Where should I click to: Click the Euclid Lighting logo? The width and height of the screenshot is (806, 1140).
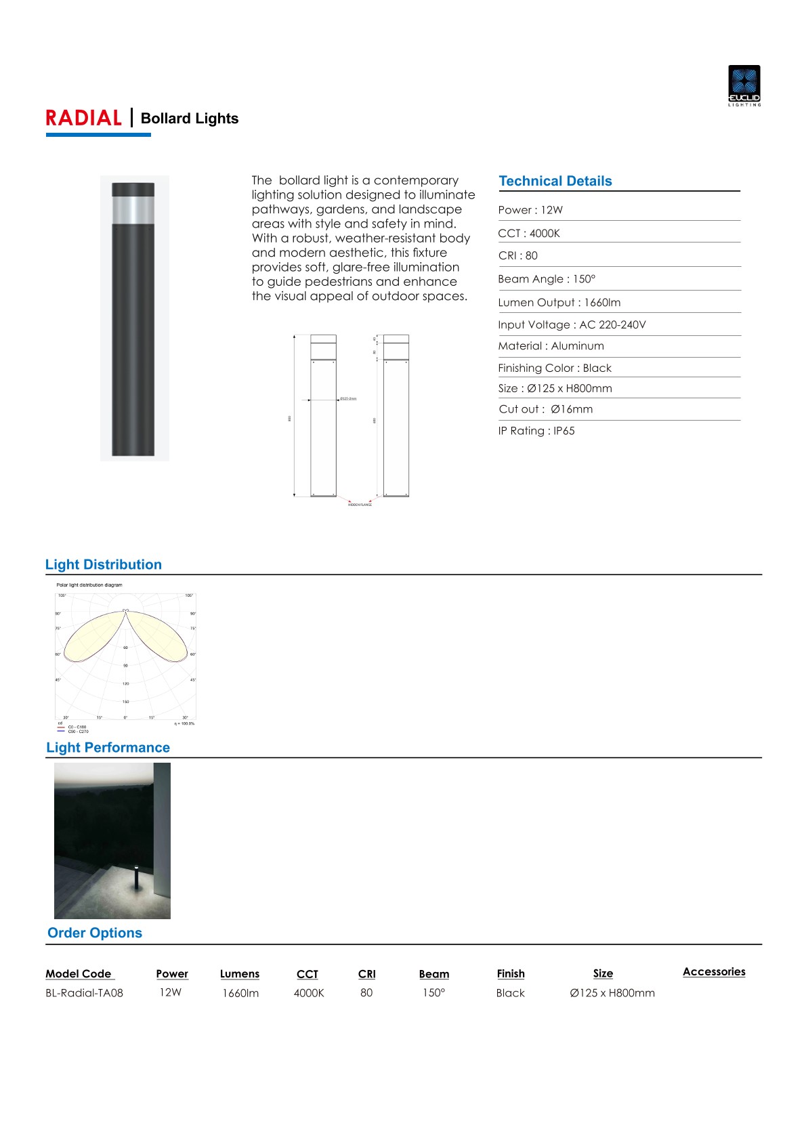click(744, 85)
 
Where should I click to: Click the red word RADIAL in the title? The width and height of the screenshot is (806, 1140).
click(83, 119)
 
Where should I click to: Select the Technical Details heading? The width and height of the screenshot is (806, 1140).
click(555, 181)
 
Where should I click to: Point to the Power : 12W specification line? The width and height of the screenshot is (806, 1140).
click(530, 210)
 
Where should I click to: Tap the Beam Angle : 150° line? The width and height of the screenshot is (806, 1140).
click(547, 279)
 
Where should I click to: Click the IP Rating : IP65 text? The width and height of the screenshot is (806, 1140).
click(536, 431)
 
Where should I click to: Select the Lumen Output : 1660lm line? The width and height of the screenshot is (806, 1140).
click(559, 303)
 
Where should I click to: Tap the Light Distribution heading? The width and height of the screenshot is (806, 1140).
click(104, 565)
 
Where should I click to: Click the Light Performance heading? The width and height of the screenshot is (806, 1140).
click(108, 748)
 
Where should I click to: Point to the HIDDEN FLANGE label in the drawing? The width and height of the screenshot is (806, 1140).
click(360, 505)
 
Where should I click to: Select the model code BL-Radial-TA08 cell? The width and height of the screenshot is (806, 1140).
click(84, 993)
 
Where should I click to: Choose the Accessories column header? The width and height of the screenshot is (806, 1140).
click(714, 972)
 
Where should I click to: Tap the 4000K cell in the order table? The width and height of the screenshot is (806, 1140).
click(309, 993)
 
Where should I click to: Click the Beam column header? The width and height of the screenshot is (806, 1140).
click(433, 974)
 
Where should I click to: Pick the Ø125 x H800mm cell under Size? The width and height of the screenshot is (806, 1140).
click(612, 993)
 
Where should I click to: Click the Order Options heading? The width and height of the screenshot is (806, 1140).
click(95, 933)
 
